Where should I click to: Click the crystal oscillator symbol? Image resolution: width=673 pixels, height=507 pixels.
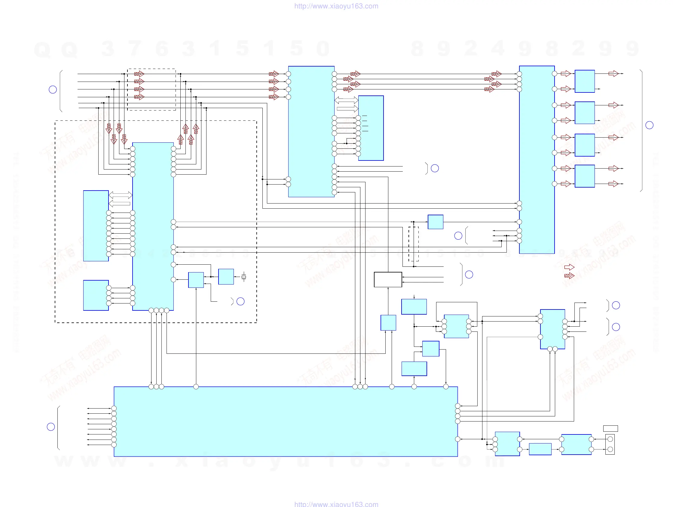[x=244, y=277]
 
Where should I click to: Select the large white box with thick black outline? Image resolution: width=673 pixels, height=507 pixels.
[x=388, y=279]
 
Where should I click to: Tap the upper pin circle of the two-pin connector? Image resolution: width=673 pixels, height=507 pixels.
[x=610, y=439]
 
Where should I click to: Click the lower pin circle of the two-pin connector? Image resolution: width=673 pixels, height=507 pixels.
[x=610, y=449]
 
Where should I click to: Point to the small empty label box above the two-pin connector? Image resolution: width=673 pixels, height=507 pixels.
[x=610, y=428]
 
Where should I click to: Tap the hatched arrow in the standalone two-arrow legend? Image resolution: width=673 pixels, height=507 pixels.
[x=569, y=276]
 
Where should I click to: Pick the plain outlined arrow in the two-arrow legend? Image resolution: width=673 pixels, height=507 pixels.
[x=569, y=267]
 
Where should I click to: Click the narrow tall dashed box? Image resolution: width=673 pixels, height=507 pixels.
[x=414, y=244]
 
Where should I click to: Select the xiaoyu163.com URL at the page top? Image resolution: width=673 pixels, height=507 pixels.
[x=336, y=6]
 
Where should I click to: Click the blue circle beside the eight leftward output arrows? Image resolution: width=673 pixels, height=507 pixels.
[x=51, y=427]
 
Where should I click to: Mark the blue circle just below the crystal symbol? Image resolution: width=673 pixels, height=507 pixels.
[x=240, y=301]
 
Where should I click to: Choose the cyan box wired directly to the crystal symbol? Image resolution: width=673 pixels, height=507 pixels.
[x=226, y=277]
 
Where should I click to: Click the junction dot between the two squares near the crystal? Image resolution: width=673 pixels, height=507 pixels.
[x=211, y=277]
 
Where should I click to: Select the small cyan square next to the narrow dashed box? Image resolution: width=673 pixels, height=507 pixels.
[x=435, y=222]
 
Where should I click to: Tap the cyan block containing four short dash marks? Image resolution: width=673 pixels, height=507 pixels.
[x=371, y=128]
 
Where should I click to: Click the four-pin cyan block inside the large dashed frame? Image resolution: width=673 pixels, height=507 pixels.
[x=96, y=295]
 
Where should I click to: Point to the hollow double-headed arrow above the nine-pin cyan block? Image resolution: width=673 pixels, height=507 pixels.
[x=121, y=195]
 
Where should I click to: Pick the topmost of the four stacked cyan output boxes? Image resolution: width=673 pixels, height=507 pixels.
[x=584, y=81]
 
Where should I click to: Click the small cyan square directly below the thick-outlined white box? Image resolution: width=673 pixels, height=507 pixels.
[x=388, y=323]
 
